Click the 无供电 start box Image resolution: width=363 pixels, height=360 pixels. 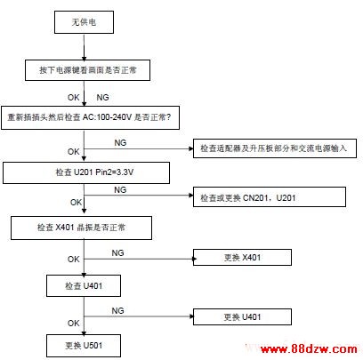click(84, 22)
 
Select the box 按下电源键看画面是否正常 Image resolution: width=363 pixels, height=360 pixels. click(87, 70)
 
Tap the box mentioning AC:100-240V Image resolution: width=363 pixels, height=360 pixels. click(90, 117)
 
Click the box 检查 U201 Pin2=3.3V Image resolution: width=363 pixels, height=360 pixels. click(86, 172)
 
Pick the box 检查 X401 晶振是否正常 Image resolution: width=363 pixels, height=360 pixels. click(81, 228)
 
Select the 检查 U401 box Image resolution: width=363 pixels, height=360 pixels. click(84, 286)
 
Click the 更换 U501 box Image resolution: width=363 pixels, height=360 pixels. click(84, 346)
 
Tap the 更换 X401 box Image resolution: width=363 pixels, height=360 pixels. click(242, 257)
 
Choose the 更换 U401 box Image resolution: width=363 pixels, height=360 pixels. click(242, 317)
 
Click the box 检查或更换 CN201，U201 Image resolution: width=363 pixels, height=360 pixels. click(270, 197)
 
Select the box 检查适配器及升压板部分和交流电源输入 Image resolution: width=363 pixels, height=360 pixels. click(275, 148)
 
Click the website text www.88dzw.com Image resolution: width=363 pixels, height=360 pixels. click(309, 348)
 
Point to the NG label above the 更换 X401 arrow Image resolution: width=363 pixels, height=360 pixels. click(117, 253)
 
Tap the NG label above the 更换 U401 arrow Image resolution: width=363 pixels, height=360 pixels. click(117, 310)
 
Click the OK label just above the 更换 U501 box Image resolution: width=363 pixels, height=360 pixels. click(74, 323)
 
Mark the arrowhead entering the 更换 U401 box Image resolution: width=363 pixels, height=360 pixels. click(191, 316)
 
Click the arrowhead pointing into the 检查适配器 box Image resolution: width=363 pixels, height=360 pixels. click(191, 148)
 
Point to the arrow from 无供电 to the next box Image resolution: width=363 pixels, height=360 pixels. click(85, 47)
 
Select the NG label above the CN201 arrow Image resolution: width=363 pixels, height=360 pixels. click(120, 189)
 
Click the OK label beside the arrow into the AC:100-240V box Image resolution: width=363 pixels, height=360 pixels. click(74, 98)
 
